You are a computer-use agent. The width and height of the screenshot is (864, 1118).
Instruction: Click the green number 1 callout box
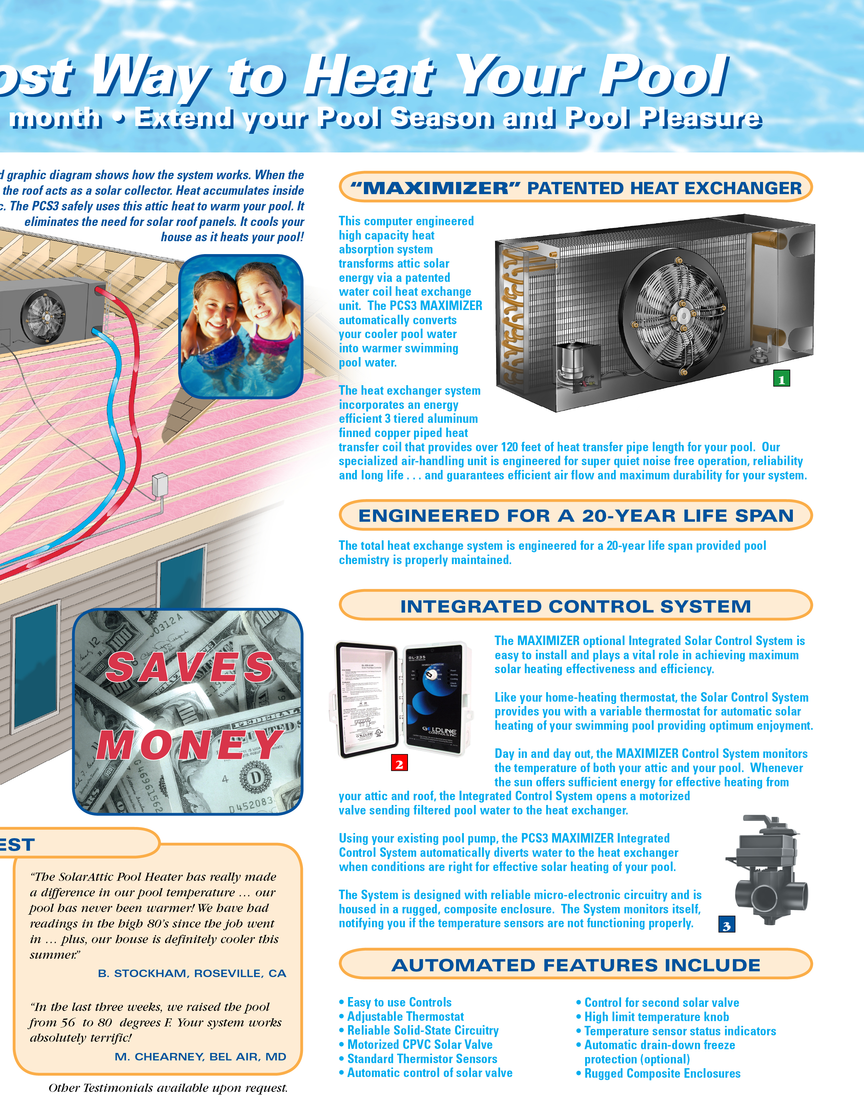click(781, 379)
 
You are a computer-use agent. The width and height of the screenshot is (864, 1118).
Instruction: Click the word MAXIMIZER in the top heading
click(435, 188)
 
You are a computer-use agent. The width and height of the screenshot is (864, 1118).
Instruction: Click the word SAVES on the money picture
click(189, 666)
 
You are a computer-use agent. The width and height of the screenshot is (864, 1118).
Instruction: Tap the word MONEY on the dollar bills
click(189, 744)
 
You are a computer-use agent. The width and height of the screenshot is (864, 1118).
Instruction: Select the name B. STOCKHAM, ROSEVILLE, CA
click(192, 973)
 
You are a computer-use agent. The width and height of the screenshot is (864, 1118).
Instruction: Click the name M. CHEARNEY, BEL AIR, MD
click(200, 1057)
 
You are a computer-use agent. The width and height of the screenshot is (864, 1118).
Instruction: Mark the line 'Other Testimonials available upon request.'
click(168, 1088)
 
